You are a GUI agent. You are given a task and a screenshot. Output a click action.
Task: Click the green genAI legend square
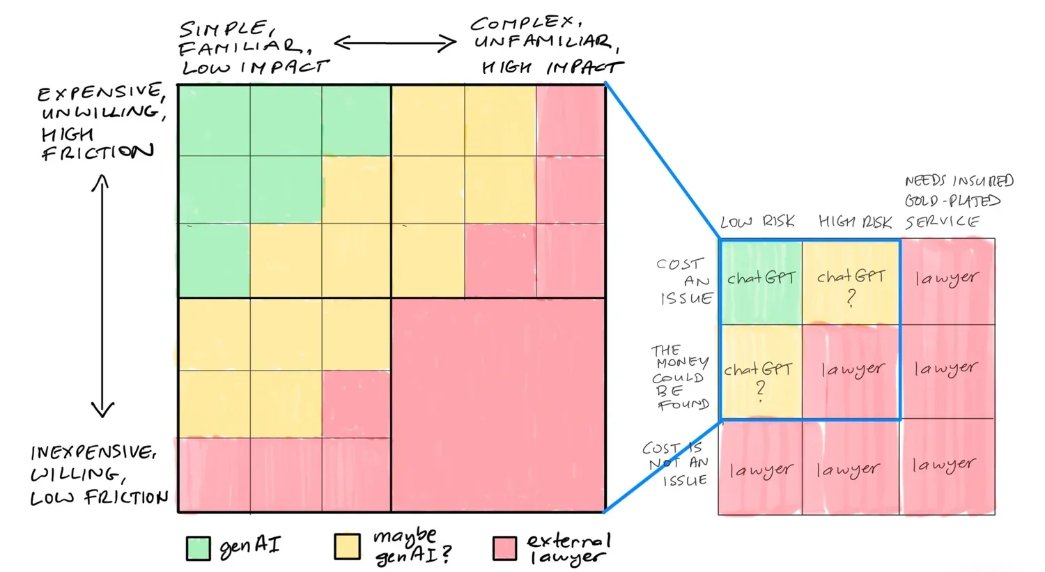pos(199,548)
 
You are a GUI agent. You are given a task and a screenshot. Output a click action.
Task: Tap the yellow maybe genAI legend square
pos(347,547)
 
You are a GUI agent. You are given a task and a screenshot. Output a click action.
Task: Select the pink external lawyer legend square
pos(504,548)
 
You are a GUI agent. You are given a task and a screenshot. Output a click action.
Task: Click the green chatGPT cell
pos(761,281)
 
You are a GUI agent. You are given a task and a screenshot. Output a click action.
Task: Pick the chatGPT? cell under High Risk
pos(851,282)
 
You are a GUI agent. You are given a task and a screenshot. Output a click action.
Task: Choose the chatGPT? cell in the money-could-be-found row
pos(760,373)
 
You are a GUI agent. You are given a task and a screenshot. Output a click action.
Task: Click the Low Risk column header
pos(757,222)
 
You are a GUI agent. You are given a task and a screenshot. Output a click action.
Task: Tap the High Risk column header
pos(855,222)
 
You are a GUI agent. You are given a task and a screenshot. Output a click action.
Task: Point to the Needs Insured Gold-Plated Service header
pos(959,201)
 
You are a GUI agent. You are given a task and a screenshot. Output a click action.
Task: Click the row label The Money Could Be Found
pos(680,377)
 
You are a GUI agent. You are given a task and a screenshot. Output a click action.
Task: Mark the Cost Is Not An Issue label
pos(675,463)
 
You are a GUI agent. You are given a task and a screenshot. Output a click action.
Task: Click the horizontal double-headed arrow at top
pos(395,44)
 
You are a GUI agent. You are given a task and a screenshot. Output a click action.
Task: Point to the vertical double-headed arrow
pos(102,295)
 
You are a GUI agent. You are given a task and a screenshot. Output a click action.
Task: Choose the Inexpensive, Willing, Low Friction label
pos(98,475)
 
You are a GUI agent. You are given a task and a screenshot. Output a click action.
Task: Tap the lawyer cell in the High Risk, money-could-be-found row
pos(851,371)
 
